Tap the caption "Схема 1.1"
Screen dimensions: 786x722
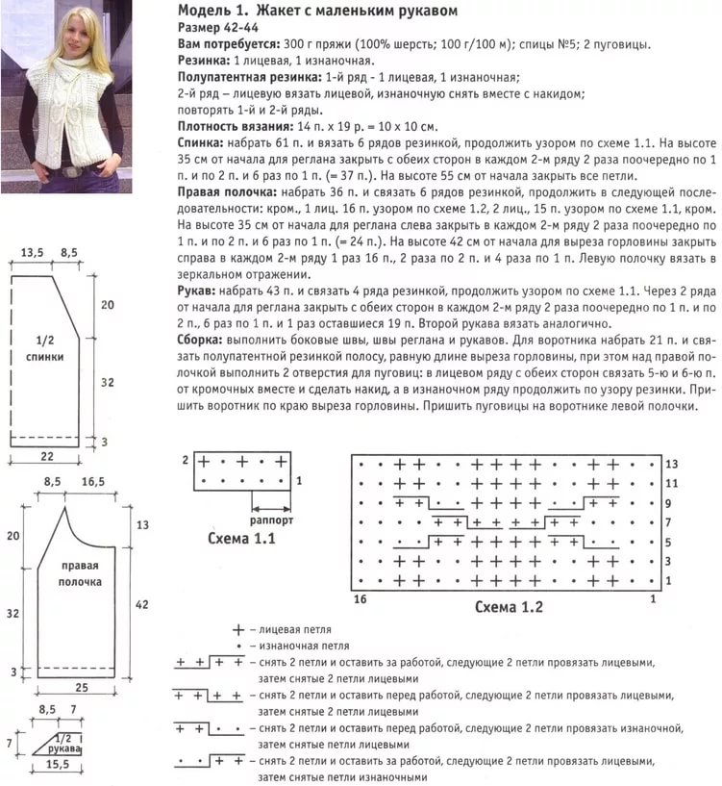(x=241, y=539)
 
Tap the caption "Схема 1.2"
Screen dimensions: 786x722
(x=509, y=607)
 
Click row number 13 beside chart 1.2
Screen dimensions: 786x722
(x=672, y=464)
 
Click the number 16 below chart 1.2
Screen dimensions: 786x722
(x=361, y=599)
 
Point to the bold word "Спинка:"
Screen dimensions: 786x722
(x=204, y=141)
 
